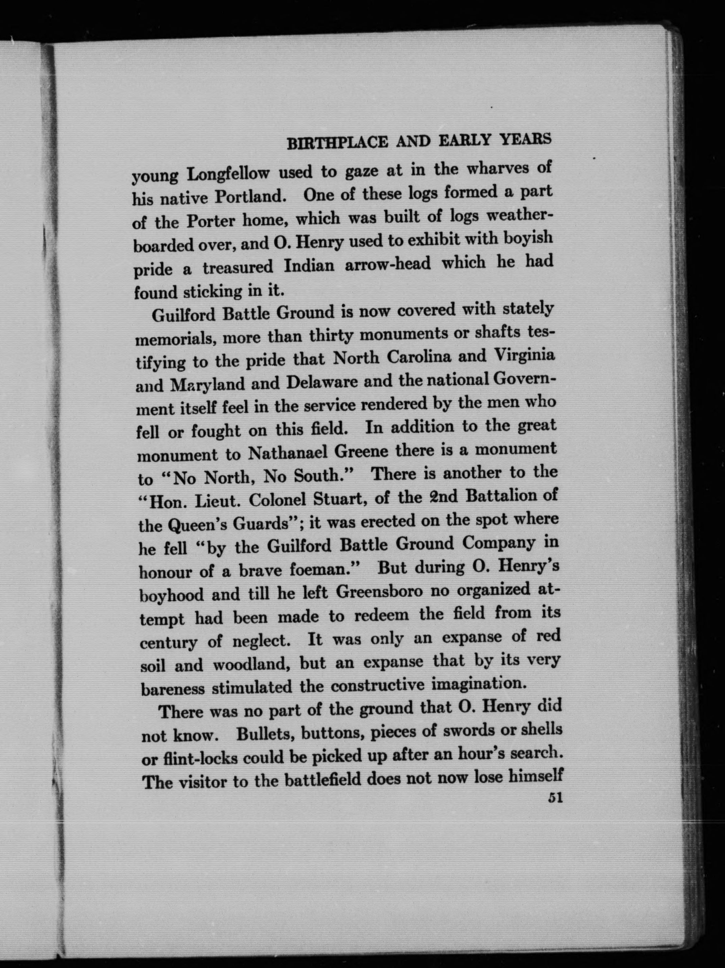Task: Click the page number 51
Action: tap(554, 798)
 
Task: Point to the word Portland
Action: tap(250, 197)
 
